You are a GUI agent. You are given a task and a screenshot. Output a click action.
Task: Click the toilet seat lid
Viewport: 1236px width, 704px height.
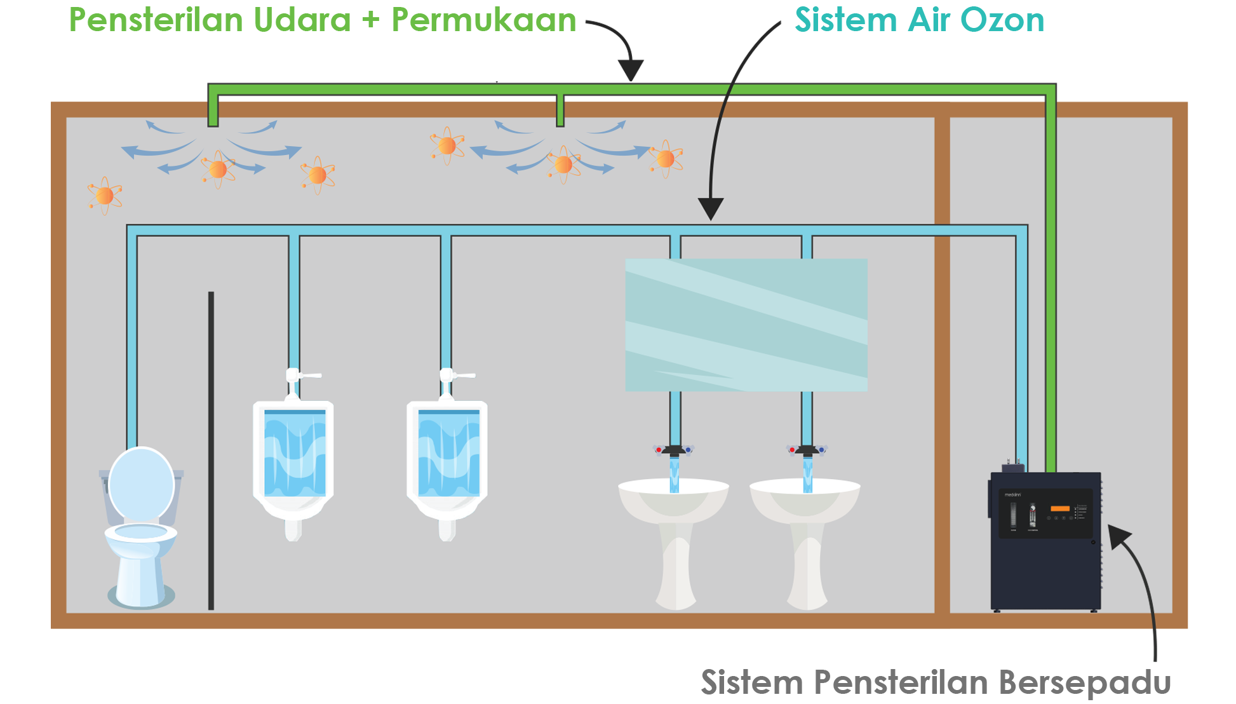point(141,485)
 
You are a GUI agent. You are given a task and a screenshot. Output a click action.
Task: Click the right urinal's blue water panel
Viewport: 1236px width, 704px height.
point(448,452)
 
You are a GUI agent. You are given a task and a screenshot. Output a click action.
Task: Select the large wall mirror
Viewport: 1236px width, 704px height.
point(746,325)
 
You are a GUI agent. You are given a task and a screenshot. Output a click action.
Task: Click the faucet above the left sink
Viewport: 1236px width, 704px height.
point(674,450)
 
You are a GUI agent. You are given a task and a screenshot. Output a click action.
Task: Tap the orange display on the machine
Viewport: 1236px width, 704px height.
point(1060,508)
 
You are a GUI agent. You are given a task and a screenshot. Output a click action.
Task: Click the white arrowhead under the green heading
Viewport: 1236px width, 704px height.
point(497,69)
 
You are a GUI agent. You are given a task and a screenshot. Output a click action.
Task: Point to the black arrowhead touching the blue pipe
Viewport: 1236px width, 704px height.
point(711,208)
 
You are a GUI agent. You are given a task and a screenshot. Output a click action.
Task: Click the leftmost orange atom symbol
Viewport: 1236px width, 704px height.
point(105,195)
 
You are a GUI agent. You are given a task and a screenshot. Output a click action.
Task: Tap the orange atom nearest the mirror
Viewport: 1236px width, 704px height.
point(666,158)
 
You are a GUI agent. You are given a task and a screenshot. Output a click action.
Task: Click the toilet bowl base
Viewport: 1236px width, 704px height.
point(140,572)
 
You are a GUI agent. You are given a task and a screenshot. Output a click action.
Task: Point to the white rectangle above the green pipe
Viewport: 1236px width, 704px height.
point(561,57)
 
